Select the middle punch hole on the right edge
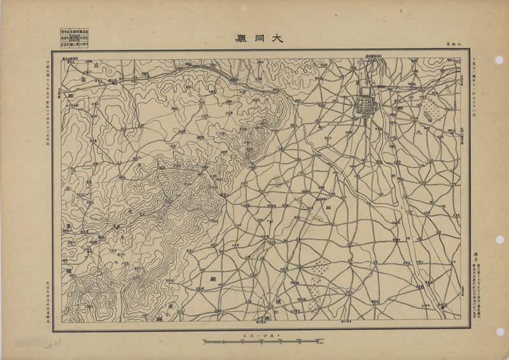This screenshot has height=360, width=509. point(500,239)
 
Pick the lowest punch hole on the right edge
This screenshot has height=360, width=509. point(500,331)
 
